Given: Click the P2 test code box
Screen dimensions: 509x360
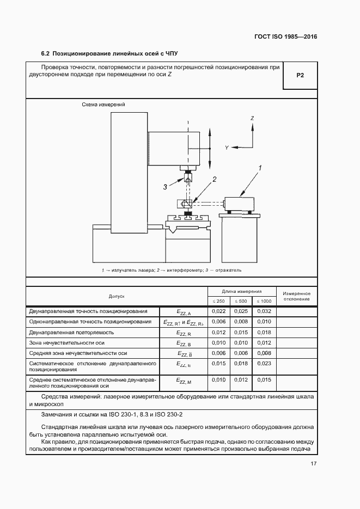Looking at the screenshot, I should pyautogui.click(x=300, y=76).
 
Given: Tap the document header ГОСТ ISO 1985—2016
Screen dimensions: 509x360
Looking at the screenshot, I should pyautogui.click(x=285, y=37).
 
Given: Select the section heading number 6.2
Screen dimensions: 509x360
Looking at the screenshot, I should pyautogui.click(x=46, y=54).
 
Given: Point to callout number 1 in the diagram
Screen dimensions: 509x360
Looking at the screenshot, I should pyautogui.click(x=260, y=168).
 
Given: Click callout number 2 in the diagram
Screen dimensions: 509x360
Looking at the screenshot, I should pyautogui.click(x=215, y=179).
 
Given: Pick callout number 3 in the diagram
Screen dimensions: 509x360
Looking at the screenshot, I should pyautogui.click(x=165, y=187).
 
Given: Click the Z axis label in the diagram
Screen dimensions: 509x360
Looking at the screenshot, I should pyautogui.click(x=252, y=118).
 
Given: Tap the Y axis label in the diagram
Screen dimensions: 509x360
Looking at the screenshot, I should pyautogui.click(x=227, y=148).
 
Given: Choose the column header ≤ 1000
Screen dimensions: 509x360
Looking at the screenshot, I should pyautogui.click(x=264, y=301).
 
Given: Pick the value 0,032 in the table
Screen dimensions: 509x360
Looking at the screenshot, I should pyautogui.click(x=264, y=311).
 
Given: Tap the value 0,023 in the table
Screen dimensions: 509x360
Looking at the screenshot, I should pyautogui.click(x=264, y=363).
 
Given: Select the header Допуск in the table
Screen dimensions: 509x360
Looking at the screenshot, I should pyautogui.click(x=117, y=296).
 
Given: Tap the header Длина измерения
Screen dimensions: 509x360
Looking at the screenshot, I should pyautogui.click(x=241, y=291).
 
